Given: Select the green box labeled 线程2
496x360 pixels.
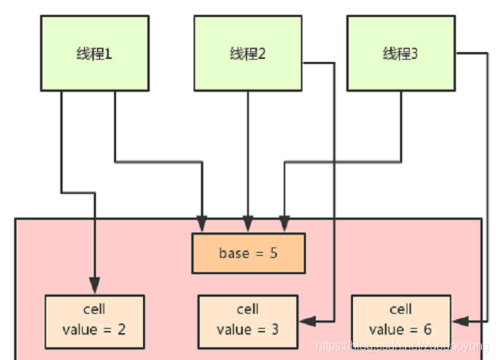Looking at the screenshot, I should pyautogui.click(x=247, y=54).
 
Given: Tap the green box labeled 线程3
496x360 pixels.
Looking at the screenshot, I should pyautogui.click(x=401, y=54).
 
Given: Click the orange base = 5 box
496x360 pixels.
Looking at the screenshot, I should pyautogui.click(x=248, y=253).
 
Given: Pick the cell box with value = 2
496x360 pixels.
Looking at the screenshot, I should pyautogui.click(x=94, y=321).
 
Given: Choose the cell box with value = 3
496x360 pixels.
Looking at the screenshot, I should pyautogui.click(x=247, y=321).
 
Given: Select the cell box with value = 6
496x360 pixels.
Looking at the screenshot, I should pyautogui.click(x=401, y=321).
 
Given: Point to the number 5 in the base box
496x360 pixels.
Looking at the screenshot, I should pyautogui.click(x=273, y=253).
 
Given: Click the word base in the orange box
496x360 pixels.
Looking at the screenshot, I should pyautogui.click(x=233, y=253).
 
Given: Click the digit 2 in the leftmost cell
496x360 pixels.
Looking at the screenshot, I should pyautogui.click(x=121, y=329).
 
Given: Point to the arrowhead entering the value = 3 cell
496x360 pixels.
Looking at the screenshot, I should pyautogui.click(x=306, y=321).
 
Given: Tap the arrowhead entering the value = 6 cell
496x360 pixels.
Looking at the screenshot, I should pyautogui.click(x=460, y=321).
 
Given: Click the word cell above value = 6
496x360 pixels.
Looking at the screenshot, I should pyautogui.click(x=401, y=309).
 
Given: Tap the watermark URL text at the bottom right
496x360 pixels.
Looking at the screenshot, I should pyautogui.click(x=403, y=347).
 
